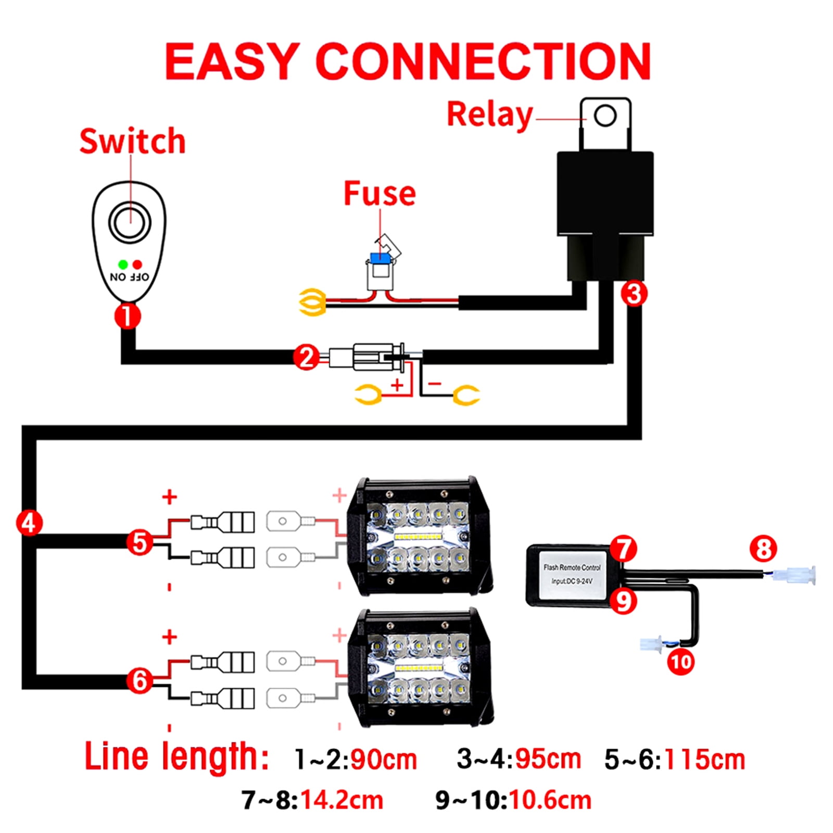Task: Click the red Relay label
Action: (x=489, y=115)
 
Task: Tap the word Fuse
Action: (x=380, y=194)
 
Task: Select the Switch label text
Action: (x=132, y=141)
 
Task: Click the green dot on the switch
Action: (x=123, y=264)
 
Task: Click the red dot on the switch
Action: (x=137, y=264)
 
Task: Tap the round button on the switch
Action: (x=130, y=223)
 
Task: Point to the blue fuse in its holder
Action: (x=380, y=258)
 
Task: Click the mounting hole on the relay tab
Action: (x=605, y=115)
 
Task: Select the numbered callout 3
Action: (x=634, y=294)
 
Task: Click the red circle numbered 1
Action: (x=128, y=315)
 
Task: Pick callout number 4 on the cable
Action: (x=29, y=523)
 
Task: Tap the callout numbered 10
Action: (x=680, y=662)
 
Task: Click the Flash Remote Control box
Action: (x=571, y=575)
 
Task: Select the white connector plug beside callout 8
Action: (x=794, y=575)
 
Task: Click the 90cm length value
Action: (x=383, y=760)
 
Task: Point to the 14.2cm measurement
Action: (x=342, y=800)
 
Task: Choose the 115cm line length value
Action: (x=705, y=760)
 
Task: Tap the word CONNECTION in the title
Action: (x=483, y=61)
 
